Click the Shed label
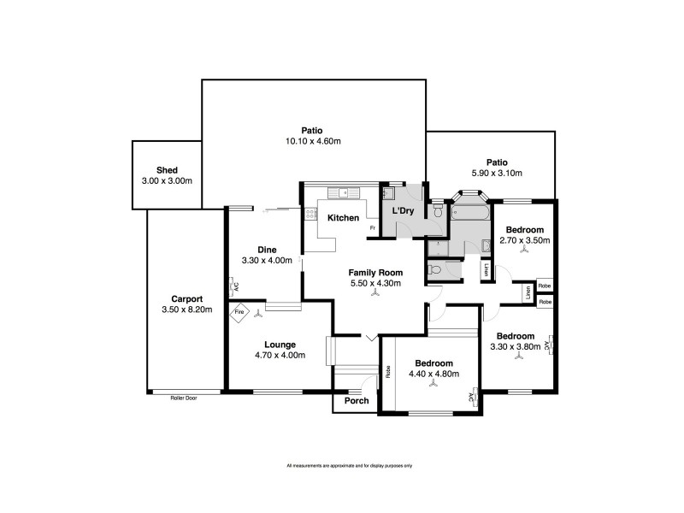[x=167, y=170]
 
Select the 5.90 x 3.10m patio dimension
[x=497, y=174]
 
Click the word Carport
[x=186, y=298]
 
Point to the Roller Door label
[x=184, y=398]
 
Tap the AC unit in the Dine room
[x=234, y=286]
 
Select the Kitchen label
[x=344, y=218]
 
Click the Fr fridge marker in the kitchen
[x=372, y=228]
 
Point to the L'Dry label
[x=403, y=210]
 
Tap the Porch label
[x=357, y=401]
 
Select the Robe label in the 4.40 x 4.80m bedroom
[x=388, y=371]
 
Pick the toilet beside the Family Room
[x=437, y=269]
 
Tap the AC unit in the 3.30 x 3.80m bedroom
[x=551, y=345]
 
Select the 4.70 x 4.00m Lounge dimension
[x=280, y=355]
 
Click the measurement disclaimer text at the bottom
[x=350, y=465]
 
